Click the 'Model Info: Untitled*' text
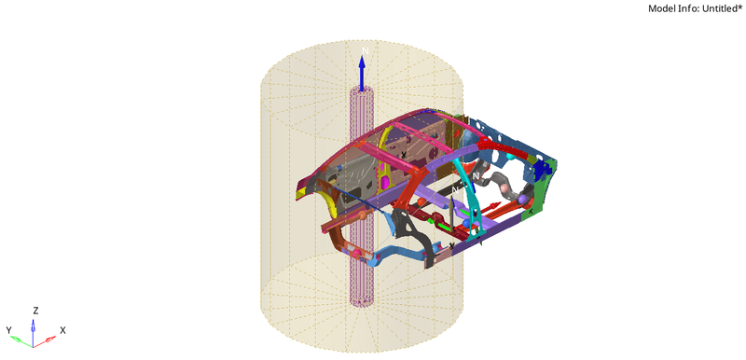[695, 8]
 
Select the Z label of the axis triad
[35, 310]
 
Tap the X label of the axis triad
[62, 330]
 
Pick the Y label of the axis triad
[8, 330]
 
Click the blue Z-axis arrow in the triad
[35, 323]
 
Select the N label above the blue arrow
[366, 49]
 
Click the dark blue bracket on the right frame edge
[540, 170]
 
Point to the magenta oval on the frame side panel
[383, 178]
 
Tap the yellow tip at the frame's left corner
[298, 194]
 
